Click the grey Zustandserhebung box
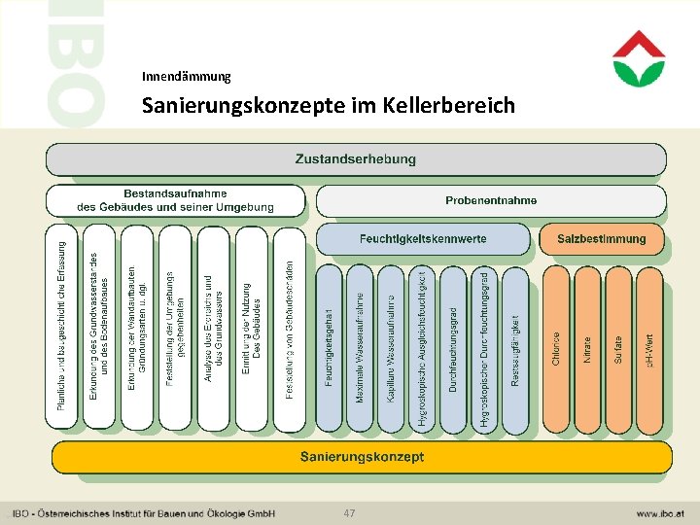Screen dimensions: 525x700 356,159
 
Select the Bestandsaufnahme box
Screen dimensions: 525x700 176,201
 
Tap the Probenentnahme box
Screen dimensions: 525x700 491,201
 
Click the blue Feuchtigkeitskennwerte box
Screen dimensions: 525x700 423,239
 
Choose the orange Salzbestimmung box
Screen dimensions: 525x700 602,239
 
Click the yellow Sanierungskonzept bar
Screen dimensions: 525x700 362,457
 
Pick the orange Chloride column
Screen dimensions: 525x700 556,349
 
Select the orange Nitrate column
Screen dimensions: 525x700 586,349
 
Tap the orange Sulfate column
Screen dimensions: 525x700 617,349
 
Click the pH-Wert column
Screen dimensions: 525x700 648,349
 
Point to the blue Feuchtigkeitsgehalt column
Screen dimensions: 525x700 329,349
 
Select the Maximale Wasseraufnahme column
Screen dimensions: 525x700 360,349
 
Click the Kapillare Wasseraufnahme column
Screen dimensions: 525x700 391,349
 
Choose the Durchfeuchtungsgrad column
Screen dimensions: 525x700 453,349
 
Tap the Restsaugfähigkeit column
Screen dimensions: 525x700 515,349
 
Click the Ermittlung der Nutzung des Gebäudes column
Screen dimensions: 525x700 251,330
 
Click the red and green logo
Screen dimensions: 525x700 639,58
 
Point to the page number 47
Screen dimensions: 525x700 350,512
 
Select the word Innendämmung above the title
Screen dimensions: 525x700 186,76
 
